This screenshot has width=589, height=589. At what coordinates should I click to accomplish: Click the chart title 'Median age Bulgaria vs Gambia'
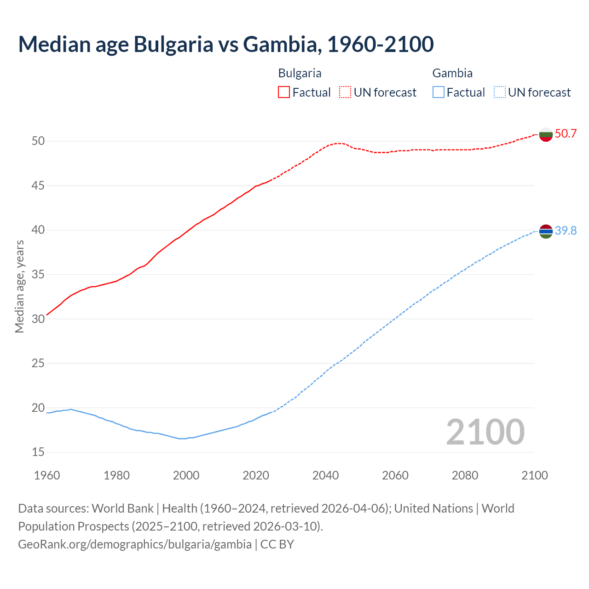click(225, 44)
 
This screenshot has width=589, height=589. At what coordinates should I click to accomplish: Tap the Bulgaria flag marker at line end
click(546, 134)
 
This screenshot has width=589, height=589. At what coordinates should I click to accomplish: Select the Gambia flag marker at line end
click(546, 231)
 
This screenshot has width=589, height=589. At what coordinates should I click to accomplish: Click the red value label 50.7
click(566, 134)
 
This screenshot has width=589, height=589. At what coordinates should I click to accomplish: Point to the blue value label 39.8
click(566, 231)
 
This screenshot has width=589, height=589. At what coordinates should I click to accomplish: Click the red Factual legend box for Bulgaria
click(284, 92)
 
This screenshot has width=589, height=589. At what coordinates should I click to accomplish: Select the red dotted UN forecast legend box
click(345, 92)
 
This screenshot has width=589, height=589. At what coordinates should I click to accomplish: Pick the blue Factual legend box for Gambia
click(439, 92)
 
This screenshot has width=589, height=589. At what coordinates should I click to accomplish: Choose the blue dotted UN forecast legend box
click(499, 92)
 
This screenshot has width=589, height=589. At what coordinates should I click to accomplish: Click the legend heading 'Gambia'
click(452, 73)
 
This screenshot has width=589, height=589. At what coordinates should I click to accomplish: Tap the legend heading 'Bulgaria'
click(300, 73)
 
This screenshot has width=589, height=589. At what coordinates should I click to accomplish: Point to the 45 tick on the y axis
click(38, 185)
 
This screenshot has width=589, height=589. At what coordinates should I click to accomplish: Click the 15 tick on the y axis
click(38, 452)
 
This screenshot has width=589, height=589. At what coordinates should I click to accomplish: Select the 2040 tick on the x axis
click(325, 475)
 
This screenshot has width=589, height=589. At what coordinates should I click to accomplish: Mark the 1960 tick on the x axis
click(47, 475)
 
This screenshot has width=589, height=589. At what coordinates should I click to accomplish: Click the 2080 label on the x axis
click(465, 475)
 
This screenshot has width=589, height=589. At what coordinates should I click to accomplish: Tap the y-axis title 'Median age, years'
click(19, 286)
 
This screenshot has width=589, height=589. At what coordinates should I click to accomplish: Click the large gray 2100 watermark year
click(485, 432)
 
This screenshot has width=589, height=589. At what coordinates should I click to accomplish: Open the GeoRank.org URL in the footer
click(135, 544)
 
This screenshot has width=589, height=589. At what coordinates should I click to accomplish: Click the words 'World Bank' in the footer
click(122, 508)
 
